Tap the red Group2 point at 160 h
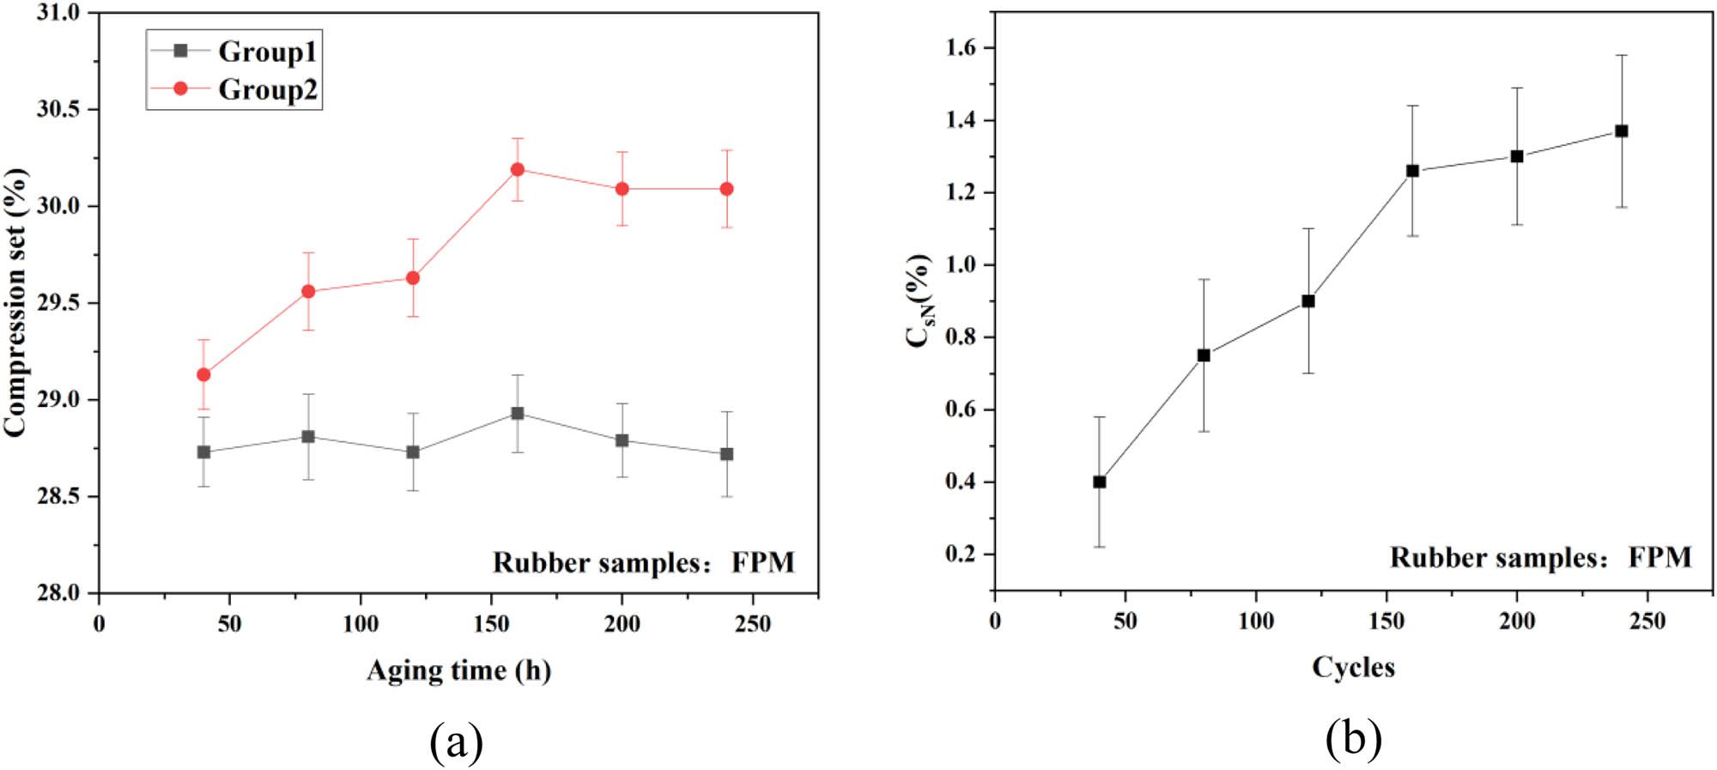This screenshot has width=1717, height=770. coord(518,169)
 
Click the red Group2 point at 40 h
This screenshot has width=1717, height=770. coord(203,374)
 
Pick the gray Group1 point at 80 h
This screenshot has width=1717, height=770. coord(308,437)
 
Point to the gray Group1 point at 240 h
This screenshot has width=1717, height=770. coord(727,454)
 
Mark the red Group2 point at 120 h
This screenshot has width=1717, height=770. coord(413,278)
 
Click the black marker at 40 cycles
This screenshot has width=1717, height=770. coord(1100,482)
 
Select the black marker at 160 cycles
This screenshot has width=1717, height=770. coord(1413,171)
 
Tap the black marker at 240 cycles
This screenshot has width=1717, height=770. coord(1622,131)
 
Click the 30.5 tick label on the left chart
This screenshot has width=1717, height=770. coord(58,109)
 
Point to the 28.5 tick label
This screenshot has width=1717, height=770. coord(58,496)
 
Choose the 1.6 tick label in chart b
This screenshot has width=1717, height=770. coord(961,48)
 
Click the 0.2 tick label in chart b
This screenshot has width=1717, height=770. coord(961,554)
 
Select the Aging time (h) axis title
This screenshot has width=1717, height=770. coord(458,670)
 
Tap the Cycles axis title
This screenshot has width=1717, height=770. coord(1353,667)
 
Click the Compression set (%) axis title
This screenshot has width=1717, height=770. coord(15,302)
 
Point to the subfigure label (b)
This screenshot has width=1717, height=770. coord(1353,738)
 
